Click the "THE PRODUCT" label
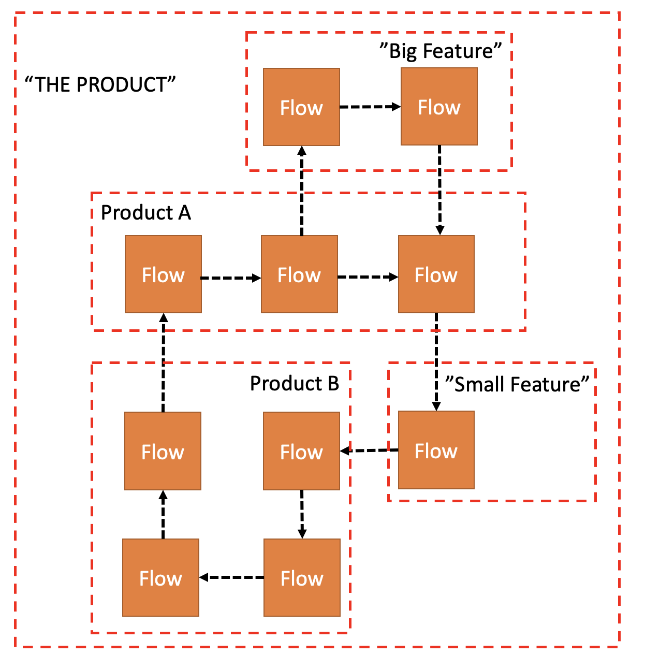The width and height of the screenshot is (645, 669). pyautogui.click(x=100, y=84)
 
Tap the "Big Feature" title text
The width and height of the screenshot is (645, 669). pyautogui.click(x=441, y=51)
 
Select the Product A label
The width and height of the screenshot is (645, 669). pyautogui.click(x=145, y=212)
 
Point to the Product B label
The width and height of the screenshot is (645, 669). pyautogui.click(x=294, y=383)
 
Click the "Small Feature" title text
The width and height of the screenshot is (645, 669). pyautogui.click(x=517, y=384)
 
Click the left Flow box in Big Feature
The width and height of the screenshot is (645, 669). pyautogui.click(x=301, y=107)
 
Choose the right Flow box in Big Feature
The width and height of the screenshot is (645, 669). pyautogui.click(x=439, y=107)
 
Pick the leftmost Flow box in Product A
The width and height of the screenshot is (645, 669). pyautogui.click(x=163, y=274)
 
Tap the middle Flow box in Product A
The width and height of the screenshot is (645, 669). pyautogui.click(x=299, y=274)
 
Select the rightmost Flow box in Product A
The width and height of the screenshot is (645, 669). pyautogui.click(x=436, y=274)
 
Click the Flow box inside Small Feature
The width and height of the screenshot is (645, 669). pyautogui.click(x=436, y=450)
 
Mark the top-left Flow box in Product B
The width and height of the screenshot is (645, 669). pyautogui.click(x=163, y=451)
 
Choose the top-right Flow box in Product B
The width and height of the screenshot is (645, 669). pyautogui.click(x=301, y=451)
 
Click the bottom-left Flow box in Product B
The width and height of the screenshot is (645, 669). pyautogui.click(x=160, y=577)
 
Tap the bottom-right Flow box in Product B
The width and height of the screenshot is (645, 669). pyautogui.click(x=302, y=577)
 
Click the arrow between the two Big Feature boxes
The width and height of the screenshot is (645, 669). pyautogui.click(x=370, y=107)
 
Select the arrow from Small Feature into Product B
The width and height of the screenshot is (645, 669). pyautogui.click(x=369, y=450)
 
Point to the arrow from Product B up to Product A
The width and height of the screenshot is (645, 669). pyautogui.click(x=163, y=362)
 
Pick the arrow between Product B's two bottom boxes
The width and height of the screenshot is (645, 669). pyautogui.click(x=231, y=577)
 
